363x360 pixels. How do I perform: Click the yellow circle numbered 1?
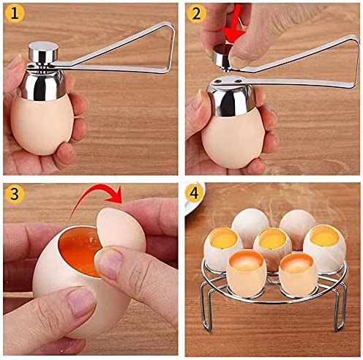14,14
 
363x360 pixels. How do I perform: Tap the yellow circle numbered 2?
195,14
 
